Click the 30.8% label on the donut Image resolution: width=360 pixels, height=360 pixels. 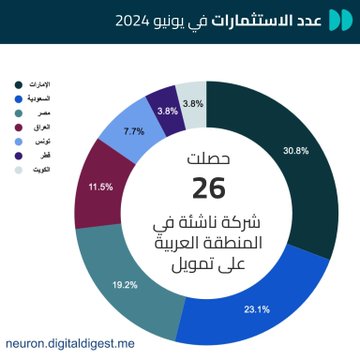click(x=296, y=151)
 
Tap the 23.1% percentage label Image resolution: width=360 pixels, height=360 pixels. click(x=258, y=309)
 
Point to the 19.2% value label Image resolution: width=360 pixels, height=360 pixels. click(x=124, y=284)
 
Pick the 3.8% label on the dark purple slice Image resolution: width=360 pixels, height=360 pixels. click(x=167, y=110)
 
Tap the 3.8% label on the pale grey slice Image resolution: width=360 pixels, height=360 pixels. click(x=193, y=104)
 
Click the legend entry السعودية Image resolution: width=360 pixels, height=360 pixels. click(x=38, y=98)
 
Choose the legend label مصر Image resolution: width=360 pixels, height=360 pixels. click(x=31, y=113)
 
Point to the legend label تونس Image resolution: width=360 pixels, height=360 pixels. click(x=32, y=142)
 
